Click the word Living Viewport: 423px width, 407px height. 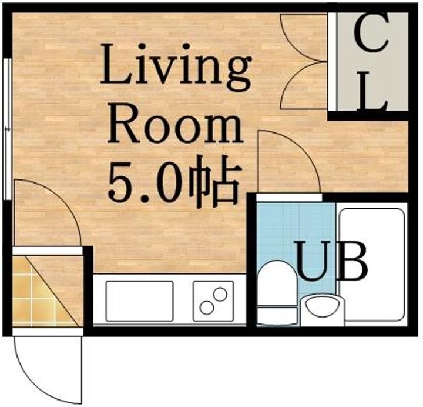point(176,67)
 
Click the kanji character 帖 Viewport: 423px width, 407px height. point(214,181)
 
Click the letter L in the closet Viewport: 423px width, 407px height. point(372,91)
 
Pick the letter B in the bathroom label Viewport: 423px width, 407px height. point(354,261)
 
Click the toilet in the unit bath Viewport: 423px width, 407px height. point(277,293)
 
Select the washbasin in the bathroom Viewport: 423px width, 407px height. point(323,310)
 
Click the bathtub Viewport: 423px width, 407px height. point(372,265)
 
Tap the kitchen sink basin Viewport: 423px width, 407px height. point(139,301)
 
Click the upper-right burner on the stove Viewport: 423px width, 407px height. point(221,295)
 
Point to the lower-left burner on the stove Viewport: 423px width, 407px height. point(207,308)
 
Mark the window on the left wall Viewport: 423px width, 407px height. point(8,129)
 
